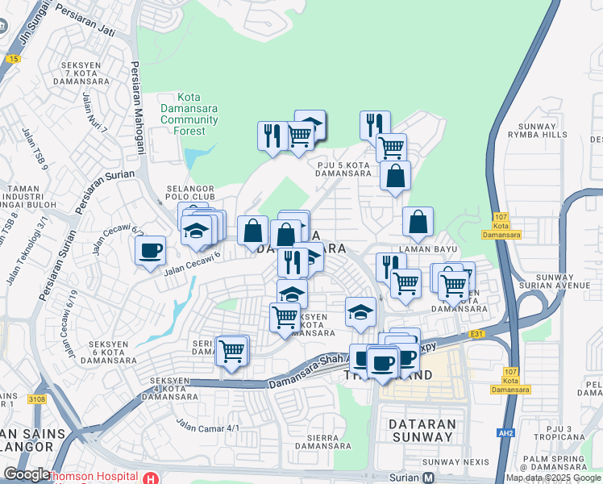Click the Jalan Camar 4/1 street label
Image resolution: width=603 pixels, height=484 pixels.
[208, 424]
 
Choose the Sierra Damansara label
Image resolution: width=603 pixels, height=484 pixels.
[322, 440]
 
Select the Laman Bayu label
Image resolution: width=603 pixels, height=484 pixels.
[417, 251]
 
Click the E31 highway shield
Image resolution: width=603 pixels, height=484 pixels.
[477, 333]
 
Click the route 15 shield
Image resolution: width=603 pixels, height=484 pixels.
[12, 58]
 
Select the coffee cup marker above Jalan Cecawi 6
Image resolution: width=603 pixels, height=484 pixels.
[150, 250]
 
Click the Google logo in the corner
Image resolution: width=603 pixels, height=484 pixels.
[27, 474]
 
